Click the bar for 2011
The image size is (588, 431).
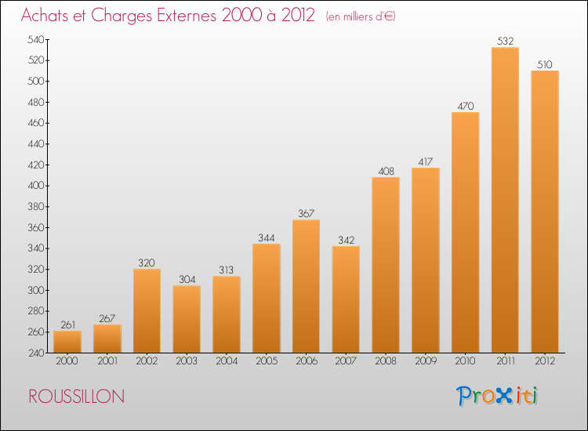click(505, 200)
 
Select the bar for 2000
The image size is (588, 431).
click(67, 342)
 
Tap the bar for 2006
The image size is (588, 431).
click(306, 286)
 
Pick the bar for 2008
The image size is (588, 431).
click(386, 265)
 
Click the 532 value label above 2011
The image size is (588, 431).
click(505, 41)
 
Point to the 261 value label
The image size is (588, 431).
click(68, 324)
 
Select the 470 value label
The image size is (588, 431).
click(466, 106)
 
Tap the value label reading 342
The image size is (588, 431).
click(346, 240)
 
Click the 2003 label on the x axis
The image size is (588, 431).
click(187, 361)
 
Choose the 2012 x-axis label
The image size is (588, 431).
click(545, 361)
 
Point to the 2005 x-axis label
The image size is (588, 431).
click(267, 361)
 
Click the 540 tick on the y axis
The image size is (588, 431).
click(36, 39)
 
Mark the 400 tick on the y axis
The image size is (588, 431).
click(36, 186)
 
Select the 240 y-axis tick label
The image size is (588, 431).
click(36, 353)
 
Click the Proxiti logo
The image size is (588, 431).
click(497, 396)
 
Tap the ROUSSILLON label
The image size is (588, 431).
click(77, 397)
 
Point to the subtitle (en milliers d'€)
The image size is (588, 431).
click(361, 16)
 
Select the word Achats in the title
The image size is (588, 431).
click(45, 15)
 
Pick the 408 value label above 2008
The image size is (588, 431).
click(386, 172)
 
